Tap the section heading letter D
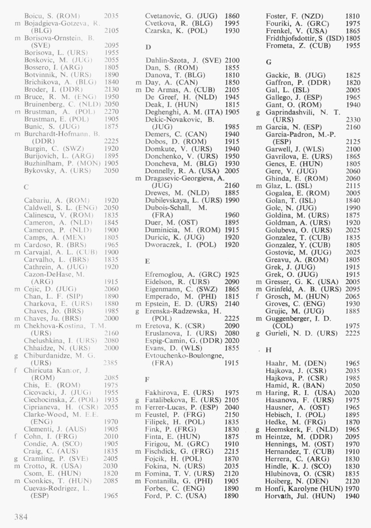click(148, 47)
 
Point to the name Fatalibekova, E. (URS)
click(183, 400)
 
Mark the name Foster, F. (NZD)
click(294, 16)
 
